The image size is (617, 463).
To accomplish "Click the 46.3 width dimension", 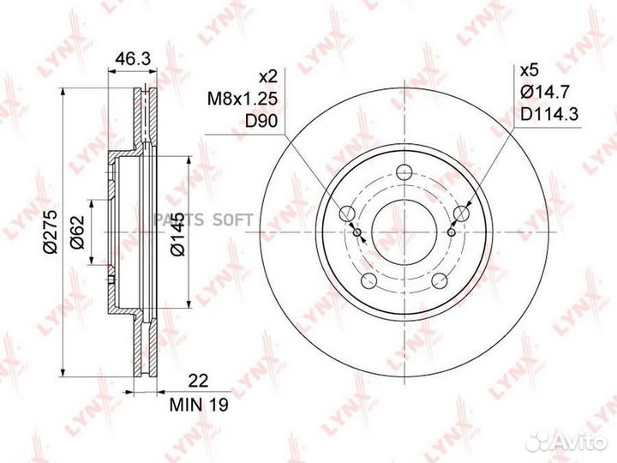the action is [133, 59].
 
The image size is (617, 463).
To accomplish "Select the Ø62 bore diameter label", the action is [77, 232].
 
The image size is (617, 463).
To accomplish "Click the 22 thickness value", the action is [198, 381].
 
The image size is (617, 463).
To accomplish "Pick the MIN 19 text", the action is [199, 405].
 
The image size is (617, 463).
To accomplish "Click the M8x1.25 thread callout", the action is [243, 99].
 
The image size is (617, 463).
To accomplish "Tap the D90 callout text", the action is [261, 122].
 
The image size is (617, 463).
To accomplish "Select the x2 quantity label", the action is [267, 77].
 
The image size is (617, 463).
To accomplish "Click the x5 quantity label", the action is [529, 71].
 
